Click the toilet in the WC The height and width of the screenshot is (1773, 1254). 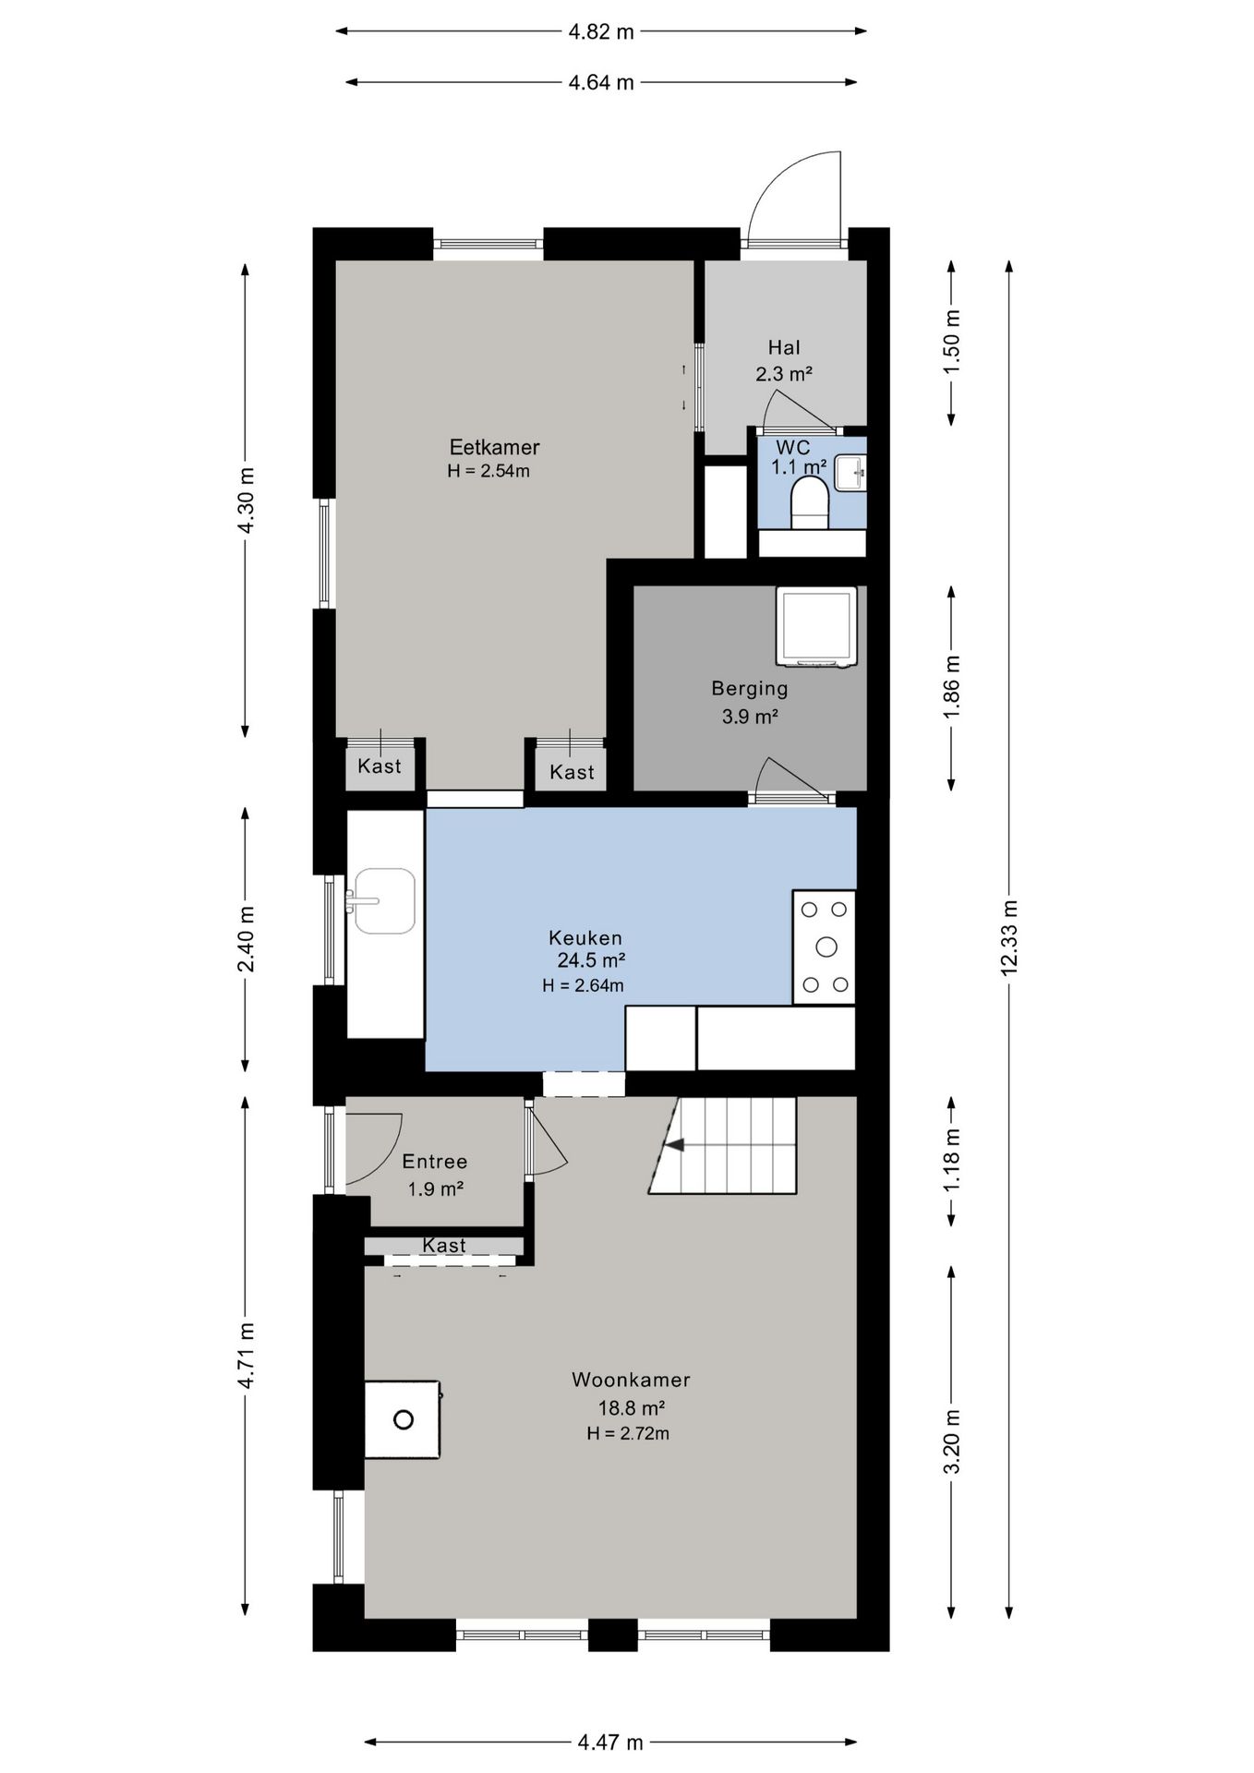[811, 502]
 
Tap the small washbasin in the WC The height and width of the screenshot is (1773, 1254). [850, 473]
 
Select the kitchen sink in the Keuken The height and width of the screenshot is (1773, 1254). [383, 900]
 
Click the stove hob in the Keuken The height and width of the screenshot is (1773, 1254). [825, 947]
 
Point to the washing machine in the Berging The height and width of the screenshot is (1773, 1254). [816, 626]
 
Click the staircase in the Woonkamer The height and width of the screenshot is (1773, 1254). [722, 1145]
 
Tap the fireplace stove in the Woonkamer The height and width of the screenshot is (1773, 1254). [403, 1419]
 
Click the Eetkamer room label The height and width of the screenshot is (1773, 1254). [494, 447]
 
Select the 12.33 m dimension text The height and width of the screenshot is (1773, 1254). [1008, 936]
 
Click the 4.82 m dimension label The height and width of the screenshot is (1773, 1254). [601, 31]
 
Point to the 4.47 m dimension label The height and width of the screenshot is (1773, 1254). [610, 1743]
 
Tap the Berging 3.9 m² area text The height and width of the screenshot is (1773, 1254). [750, 716]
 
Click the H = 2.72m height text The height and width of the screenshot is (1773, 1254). [628, 1433]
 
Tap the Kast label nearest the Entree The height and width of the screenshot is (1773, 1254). [444, 1246]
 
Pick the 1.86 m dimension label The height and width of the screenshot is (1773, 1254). [952, 687]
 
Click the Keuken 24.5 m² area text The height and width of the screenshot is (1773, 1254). [592, 960]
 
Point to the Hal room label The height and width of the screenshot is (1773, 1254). [784, 347]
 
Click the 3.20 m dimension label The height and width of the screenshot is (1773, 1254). [952, 1441]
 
